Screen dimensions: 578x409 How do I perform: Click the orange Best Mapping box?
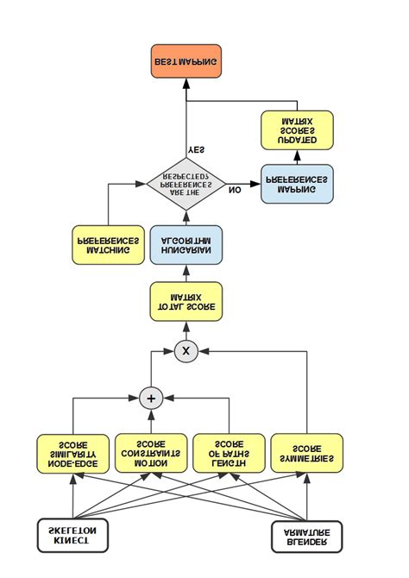click(x=186, y=62)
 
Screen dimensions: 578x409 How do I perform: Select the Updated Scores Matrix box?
click(x=297, y=129)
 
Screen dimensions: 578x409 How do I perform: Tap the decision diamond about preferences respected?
click(x=186, y=184)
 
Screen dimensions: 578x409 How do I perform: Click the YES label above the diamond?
click(x=197, y=149)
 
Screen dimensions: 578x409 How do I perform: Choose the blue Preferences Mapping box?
click(x=296, y=185)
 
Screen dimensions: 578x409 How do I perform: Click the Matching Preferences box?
click(x=108, y=244)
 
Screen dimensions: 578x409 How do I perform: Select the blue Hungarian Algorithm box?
click(x=186, y=244)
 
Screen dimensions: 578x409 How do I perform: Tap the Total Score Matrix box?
click(x=186, y=301)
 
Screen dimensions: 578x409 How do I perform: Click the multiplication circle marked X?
click(x=186, y=351)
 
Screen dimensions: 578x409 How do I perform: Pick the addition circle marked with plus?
click(x=151, y=398)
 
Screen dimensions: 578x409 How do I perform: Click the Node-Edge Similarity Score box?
click(x=73, y=453)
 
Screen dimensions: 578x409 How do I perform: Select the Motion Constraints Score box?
click(x=151, y=453)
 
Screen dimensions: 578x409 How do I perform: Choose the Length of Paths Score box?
click(x=229, y=453)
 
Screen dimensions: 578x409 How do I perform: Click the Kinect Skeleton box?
click(x=73, y=535)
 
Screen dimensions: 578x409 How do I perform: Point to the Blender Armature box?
click(x=307, y=535)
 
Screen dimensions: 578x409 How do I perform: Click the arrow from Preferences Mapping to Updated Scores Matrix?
click(x=297, y=157)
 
